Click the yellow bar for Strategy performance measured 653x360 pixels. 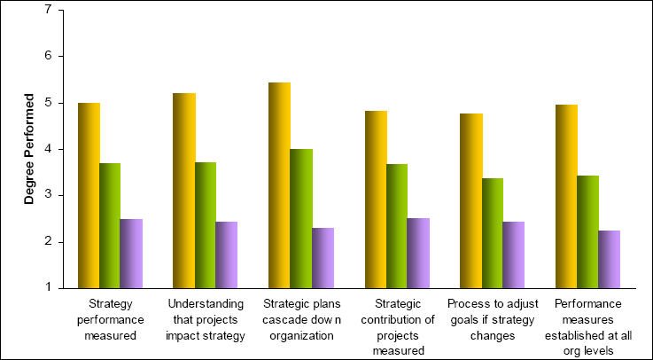point(89,195)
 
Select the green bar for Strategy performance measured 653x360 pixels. point(110,225)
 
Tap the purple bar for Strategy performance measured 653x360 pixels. point(131,253)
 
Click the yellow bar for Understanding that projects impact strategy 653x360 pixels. point(184,191)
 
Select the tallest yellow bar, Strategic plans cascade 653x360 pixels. point(280,185)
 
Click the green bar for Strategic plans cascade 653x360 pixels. point(301,218)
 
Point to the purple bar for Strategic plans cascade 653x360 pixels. point(323,258)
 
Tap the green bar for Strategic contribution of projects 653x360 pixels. point(397,226)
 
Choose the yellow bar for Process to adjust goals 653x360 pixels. point(471,200)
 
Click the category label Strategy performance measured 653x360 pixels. point(110,320)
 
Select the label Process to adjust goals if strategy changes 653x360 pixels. point(493,320)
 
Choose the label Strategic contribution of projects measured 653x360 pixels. point(397,327)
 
